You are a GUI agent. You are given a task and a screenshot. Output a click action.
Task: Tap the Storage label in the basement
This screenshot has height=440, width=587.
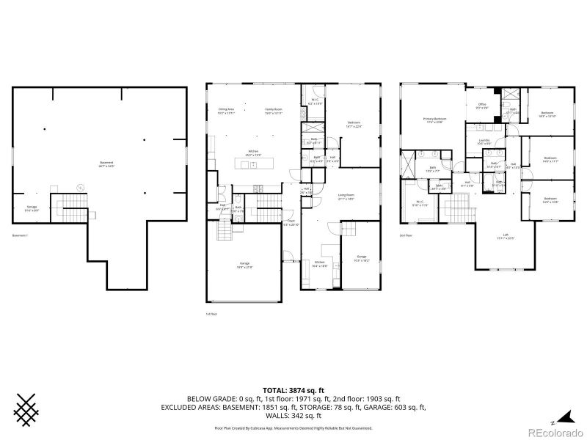(32, 208)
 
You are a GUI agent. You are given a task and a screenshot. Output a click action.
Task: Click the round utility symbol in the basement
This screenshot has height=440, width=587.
(81, 187)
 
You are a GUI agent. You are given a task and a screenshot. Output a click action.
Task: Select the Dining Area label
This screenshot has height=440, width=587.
(225, 110)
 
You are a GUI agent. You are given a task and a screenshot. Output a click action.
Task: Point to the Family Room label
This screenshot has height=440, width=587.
(274, 110)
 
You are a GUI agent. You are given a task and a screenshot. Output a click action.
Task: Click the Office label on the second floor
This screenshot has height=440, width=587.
(482, 106)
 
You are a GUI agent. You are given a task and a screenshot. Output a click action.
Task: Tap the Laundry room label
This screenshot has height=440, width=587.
(484, 141)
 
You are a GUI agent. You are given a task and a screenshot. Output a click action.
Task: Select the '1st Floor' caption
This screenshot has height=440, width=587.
(212, 313)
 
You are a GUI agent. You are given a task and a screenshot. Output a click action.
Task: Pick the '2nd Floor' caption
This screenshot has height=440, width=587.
(406, 236)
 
